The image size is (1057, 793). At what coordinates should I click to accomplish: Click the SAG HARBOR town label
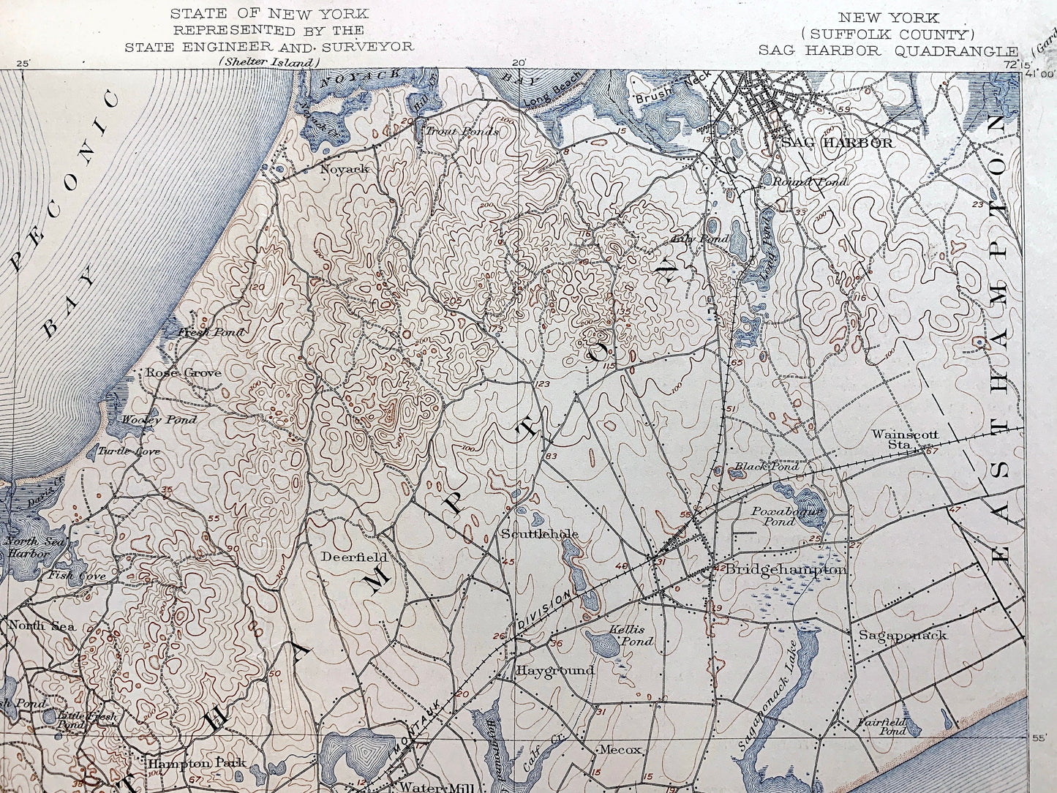tap(837, 143)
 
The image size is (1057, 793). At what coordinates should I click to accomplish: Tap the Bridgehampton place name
tap(786, 569)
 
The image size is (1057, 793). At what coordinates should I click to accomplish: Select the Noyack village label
tap(345, 169)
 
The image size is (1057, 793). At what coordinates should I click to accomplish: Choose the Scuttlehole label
tap(540, 534)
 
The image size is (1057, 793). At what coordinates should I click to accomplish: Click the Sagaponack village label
tap(903, 635)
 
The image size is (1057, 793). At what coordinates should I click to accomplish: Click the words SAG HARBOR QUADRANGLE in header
tap(888, 50)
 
